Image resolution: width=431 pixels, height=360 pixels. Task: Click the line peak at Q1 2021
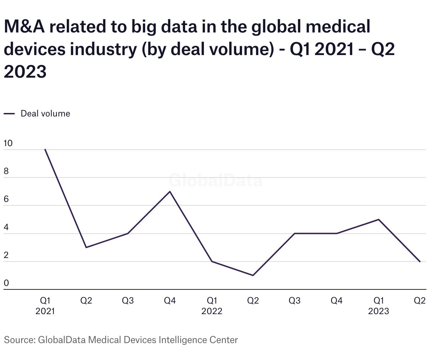pyautogui.click(x=45, y=150)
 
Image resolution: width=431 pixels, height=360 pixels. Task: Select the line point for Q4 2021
pyautogui.click(x=170, y=192)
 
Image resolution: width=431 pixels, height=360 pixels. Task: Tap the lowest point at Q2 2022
pyautogui.click(x=253, y=275)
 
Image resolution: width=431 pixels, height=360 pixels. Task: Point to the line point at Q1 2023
pyautogui.click(x=379, y=220)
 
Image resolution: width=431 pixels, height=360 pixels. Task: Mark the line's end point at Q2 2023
pyautogui.click(x=420, y=262)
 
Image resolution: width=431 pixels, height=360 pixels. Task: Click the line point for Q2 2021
pyautogui.click(x=86, y=247)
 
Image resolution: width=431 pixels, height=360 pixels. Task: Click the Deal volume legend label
pyautogui.click(x=45, y=114)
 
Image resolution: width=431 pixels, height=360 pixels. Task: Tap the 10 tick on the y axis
pyautogui.click(x=8, y=143)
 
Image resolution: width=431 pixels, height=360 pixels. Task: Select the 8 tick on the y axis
pyautogui.click(x=6, y=172)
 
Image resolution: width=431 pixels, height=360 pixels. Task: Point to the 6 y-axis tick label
pyautogui.click(x=6, y=199)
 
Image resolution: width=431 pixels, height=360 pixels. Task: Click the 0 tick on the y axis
pyautogui.click(x=6, y=283)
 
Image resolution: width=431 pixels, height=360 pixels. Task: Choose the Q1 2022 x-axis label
pyautogui.click(x=212, y=306)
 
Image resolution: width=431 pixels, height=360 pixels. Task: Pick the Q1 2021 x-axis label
pyautogui.click(x=45, y=306)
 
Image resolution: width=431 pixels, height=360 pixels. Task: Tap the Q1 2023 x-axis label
pyautogui.click(x=379, y=306)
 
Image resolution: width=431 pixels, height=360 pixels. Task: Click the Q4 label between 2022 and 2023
pyautogui.click(x=337, y=301)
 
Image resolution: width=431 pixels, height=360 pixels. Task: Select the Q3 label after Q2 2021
pyautogui.click(x=128, y=301)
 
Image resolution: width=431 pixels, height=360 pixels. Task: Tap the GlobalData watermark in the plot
pyautogui.click(x=215, y=180)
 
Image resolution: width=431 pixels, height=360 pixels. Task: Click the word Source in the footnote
pyautogui.click(x=18, y=340)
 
